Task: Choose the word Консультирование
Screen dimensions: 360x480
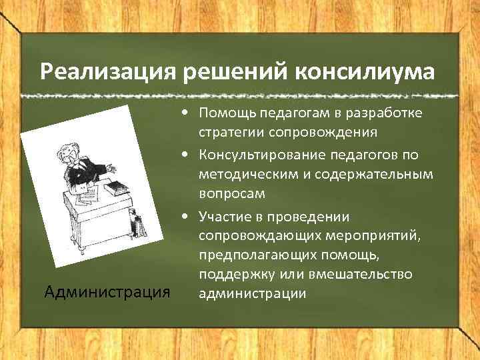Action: point(261,155)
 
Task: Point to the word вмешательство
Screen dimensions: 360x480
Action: point(371,274)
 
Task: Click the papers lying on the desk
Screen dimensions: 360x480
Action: point(87,194)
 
